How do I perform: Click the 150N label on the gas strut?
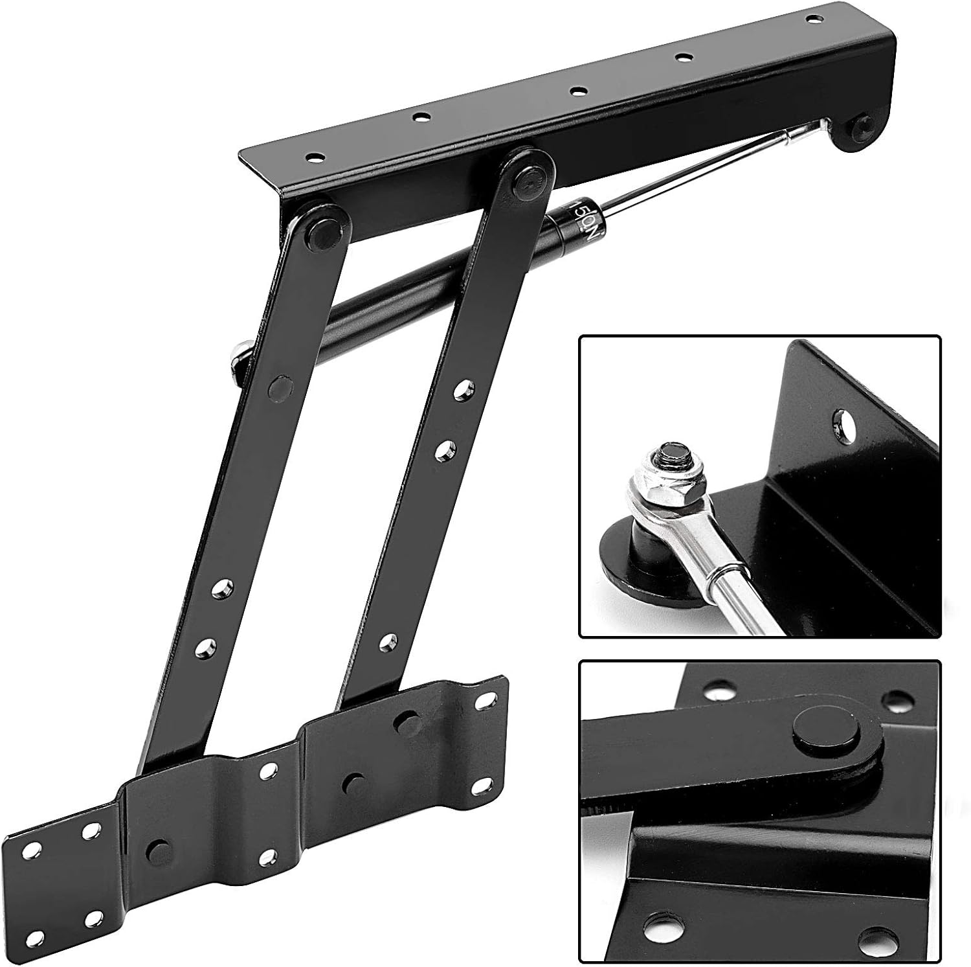tap(581, 223)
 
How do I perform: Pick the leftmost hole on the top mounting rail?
tap(315, 157)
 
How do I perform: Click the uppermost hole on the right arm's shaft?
tap(462, 389)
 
